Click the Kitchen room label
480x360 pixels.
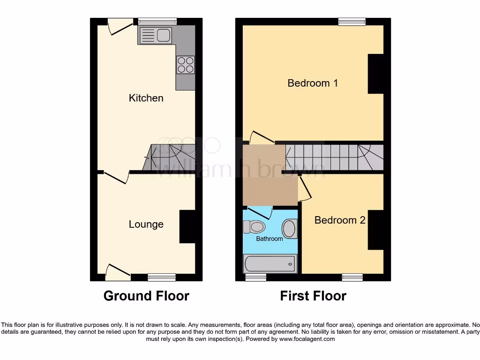[x=146, y=98]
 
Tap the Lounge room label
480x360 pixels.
[x=146, y=225]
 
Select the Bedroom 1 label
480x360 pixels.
[x=313, y=83]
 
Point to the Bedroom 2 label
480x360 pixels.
[x=340, y=220]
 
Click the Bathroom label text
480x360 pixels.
[x=269, y=239]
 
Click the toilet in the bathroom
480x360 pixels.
[x=255, y=227]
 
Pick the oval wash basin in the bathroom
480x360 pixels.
[x=289, y=229]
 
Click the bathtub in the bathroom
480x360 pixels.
[x=270, y=264]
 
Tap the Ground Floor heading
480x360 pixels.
[x=146, y=296]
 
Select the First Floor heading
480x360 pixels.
[x=313, y=296]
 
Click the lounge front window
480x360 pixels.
[x=162, y=277]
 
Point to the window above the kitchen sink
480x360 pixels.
[x=157, y=21]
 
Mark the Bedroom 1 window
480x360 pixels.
[x=352, y=21]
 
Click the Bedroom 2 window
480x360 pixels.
[x=352, y=277]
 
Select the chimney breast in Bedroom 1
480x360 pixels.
[x=376, y=74]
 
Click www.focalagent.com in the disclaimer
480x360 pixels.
[x=307, y=339]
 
